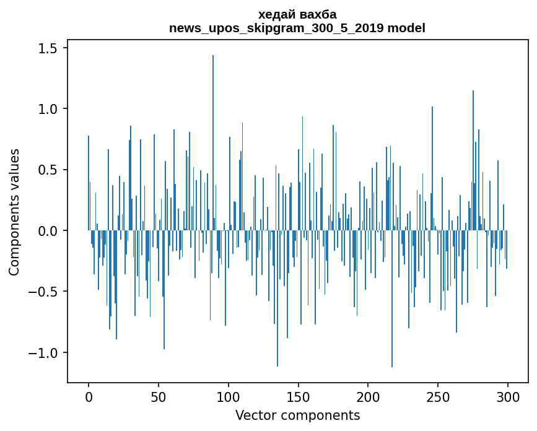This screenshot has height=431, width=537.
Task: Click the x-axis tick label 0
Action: point(89,397)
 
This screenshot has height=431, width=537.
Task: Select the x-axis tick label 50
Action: point(159,397)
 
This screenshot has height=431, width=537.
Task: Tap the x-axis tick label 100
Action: point(229,397)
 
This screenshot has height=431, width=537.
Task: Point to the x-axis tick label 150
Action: point(299,397)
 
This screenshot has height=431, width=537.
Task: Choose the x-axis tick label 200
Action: point(369,397)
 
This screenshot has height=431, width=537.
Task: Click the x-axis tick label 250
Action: point(438,397)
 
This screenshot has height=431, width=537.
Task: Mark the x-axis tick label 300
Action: point(508,397)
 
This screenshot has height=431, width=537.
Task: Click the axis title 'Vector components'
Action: point(297,415)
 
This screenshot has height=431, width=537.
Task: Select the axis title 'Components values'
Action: point(14,212)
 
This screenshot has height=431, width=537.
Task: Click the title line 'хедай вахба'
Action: point(297,15)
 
